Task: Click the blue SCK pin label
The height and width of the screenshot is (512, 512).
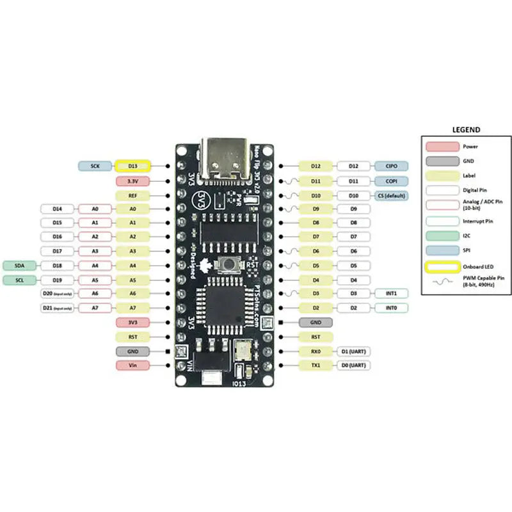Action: click(x=95, y=166)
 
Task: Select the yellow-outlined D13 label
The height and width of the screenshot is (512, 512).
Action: click(x=132, y=166)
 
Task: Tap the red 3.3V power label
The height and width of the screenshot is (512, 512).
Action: click(x=132, y=181)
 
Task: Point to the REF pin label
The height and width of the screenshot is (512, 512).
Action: click(x=132, y=195)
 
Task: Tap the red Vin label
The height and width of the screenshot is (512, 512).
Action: click(x=132, y=365)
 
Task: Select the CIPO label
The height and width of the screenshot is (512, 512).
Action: click(x=390, y=166)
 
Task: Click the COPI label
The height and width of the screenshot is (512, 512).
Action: click(x=390, y=181)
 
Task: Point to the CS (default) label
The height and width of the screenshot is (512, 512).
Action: click(x=390, y=195)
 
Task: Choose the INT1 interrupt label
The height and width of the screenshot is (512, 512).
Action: click(x=390, y=293)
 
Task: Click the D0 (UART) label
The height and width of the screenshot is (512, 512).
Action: click(x=353, y=365)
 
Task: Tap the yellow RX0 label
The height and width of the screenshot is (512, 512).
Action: click(x=316, y=351)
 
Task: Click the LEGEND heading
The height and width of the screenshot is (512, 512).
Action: click(x=466, y=129)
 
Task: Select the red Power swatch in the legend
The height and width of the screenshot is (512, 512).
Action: click(x=441, y=147)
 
